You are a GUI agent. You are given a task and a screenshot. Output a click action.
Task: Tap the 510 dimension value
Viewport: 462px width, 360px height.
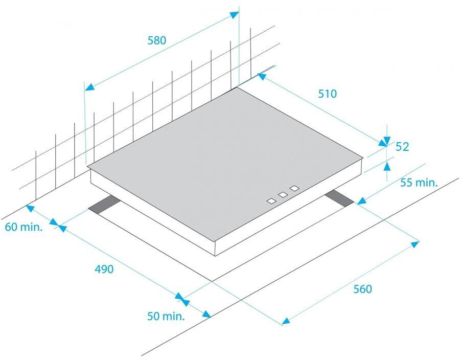(x=327, y=94)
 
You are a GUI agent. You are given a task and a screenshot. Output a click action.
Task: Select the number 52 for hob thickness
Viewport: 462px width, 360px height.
(x=402, y=147)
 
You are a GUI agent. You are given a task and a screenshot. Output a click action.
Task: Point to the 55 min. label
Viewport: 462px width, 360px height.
(x=419, y=183)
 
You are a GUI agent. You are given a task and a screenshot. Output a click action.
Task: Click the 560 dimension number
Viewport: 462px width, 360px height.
(x=362, y=289)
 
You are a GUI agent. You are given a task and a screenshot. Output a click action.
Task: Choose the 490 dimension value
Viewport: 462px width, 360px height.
(x=104, y=268)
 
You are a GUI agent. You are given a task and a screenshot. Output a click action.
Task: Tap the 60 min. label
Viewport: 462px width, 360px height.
(x=24, y=227)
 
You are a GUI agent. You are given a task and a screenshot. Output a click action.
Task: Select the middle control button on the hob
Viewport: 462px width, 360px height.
(x=282, y=195)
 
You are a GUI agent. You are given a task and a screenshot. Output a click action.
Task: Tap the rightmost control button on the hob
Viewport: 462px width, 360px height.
(x=294, y=189)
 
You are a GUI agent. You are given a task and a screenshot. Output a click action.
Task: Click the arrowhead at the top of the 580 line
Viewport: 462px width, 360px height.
(x=234, y=14)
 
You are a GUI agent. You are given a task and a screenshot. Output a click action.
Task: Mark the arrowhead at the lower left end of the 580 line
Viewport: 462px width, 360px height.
(x=89, y=87)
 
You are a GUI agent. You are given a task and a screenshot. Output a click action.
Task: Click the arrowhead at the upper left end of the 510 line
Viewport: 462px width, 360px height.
(x=262, y=77)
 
